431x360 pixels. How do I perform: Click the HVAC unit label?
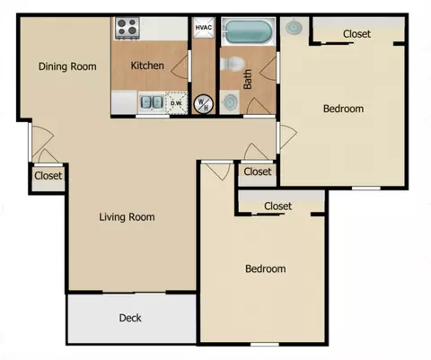pyautogui.click(x=204, y=28)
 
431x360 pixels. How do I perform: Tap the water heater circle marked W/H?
pyautogui.click(x=204, y=104)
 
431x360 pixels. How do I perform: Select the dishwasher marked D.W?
pyautogui.click(x=176, y=103)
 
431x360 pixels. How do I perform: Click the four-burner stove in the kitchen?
pyautogui.click(x=128, y=28)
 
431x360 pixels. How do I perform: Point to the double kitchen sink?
pyautogui.click(x=152, y=102)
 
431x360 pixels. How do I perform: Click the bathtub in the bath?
pyautogui.click(x=248, y=31)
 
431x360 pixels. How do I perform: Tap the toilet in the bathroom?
pyautogui.click(x=233, y=64)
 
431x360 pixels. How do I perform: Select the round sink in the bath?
pyautogui.click(x=231, y=101)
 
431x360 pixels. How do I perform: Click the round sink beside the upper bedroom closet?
pyautogui.click(x=294, y=28)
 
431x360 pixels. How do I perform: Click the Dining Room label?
pyautogui.click(x=67, y=66)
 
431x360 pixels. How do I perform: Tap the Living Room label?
pyautogui.click(x=127, y=216)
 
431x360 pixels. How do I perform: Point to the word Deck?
pyautogui.click(x=130, y=318)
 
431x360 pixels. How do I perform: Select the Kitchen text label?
pyautogui.click(x=147, y=66)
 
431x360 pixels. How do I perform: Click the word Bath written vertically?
pyautogui.click(x=248, y=79)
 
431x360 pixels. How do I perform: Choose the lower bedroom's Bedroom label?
pyautogui.click(x=265, y=268)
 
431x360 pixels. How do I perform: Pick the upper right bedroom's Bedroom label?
pyautogui.click(x=343, y=109)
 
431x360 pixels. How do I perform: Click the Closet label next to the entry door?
pyautogui.click(x=48, y=175)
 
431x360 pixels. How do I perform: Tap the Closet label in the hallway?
pyautogui.click(x=258, y=171)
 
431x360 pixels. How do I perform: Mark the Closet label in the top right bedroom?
pyautogui.click(x=356, y=34)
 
